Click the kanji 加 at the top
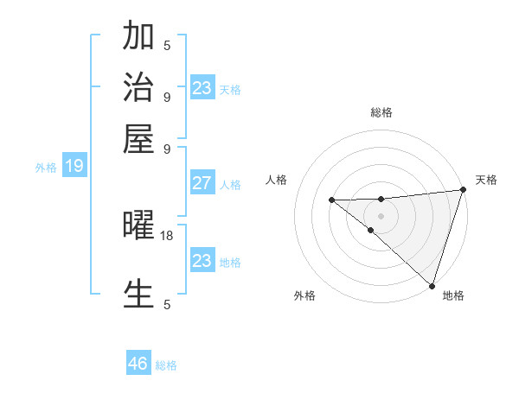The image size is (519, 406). click(x=139, y=38)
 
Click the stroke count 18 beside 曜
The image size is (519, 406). click(x=167, y=235)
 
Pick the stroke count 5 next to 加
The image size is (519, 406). click(x=167, y=45)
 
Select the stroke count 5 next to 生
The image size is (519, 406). click(x=167, y=304)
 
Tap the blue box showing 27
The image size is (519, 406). click(x=202, y=183)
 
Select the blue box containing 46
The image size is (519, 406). click(x=138, y=364)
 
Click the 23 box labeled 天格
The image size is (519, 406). click(x=202, y=88)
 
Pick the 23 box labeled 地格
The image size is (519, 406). click(x=202, y=261)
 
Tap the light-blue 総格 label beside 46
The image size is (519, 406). click(x=166, y=365)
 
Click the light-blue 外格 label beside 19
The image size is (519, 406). click(x=46, y=168)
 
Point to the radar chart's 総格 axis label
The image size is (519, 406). click(x=381, y=112)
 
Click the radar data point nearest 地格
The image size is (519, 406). click(x=432, y=285)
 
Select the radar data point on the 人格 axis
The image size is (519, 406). click(x=332, y=200)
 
